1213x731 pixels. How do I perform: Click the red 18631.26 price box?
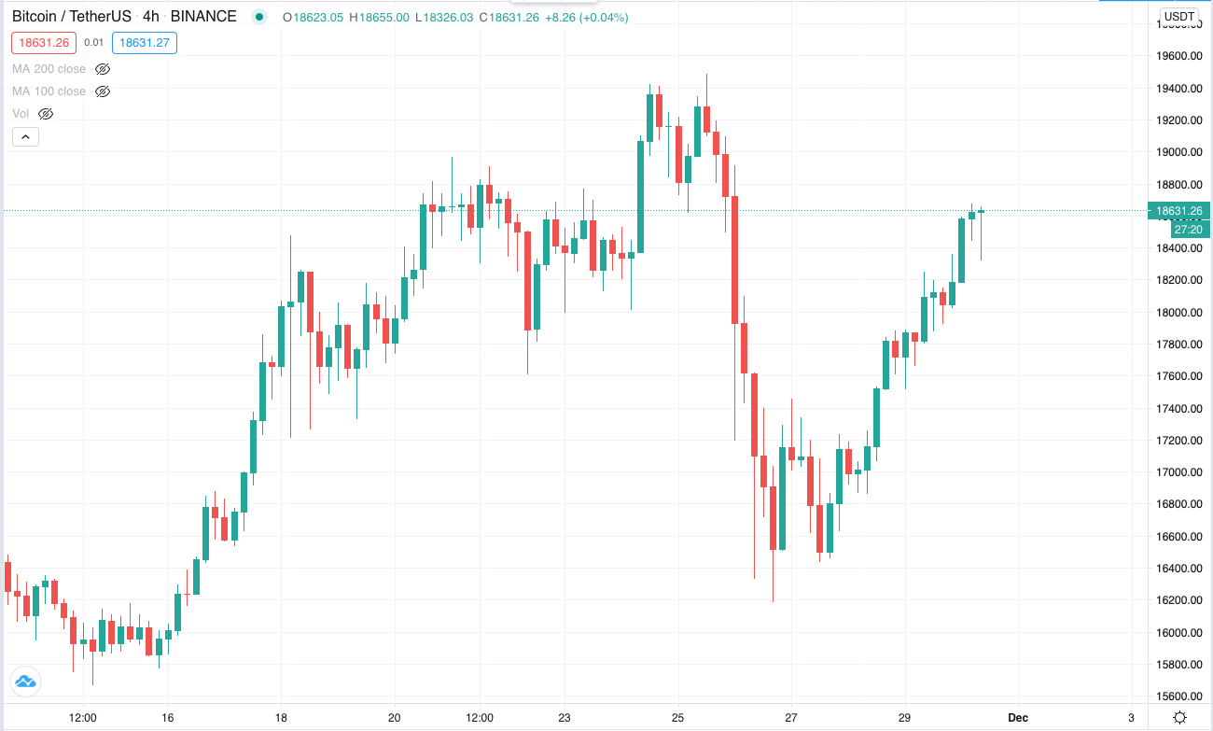click(x=44, y=43)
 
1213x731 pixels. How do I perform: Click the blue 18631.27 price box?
click(x=145, y=43)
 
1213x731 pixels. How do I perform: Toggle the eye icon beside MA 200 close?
click(x=103, y=69)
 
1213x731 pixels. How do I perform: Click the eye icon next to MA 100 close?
click(x=103, y=91)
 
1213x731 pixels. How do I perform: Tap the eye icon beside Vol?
click(x=46, y=114)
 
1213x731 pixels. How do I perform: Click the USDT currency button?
click(x=1178, y=16)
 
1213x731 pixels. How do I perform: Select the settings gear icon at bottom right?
click(x=1179, y=717)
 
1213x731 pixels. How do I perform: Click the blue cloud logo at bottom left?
click(x=25, y=682)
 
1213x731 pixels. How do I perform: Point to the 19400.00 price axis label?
click(x=1178, y=89)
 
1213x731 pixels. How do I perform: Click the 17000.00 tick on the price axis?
click(x=1178, y=472)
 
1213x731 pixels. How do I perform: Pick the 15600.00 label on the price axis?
click(x=1178, y=696)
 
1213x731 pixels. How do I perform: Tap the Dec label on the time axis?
click(x=1017, y=717)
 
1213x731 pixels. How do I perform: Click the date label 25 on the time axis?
click(x=677, y=717)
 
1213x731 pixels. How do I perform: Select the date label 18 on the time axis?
click(x=281, y=717)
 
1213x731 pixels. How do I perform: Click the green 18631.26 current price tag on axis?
click(x=1178, y=211)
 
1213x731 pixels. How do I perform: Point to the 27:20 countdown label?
click(x=1190, y=230)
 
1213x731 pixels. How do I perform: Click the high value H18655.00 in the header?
click(x=379, y=18)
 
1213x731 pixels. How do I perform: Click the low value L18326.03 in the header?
click(x=444, y=18)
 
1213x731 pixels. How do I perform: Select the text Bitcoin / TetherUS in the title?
click(x=72, y=16)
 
